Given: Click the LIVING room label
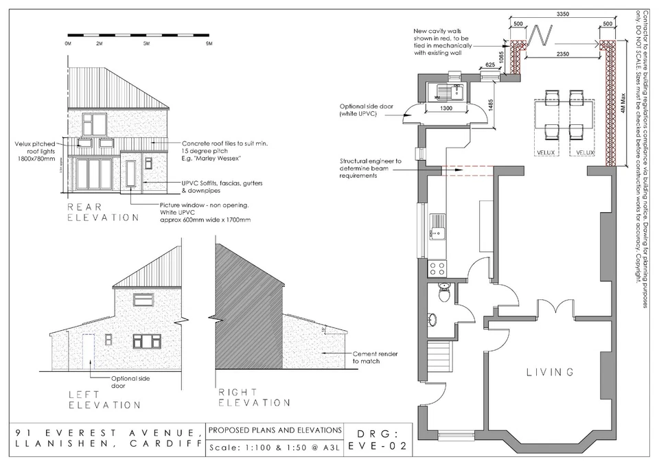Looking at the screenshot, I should coord(549,373).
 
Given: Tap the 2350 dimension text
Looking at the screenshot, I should coord(566,54).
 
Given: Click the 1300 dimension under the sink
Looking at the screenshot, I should coord(446,109).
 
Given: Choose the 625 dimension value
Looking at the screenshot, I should coord(489,64).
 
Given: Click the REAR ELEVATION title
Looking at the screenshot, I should coord(102,211).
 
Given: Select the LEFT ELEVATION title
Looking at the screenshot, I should coord(105,399).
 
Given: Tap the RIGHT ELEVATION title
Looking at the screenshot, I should coord(253,397).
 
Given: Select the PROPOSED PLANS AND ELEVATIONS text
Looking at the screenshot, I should coord(275,430).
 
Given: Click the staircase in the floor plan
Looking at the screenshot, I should coord(438,359).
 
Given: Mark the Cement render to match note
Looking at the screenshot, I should coord(374,357).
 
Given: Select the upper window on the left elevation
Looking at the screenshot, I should coord(143,299).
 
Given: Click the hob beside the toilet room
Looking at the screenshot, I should coord(437,268).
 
